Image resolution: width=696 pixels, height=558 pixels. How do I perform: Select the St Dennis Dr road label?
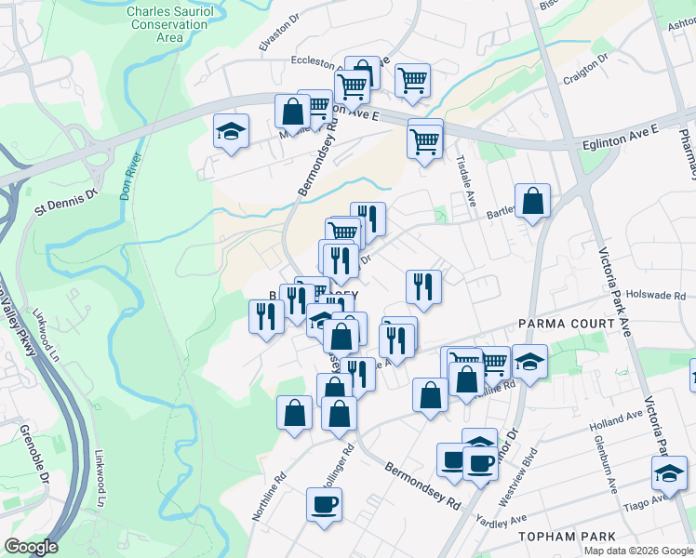(x=66, y=199)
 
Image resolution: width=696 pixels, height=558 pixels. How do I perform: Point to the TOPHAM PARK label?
(x=569, y=537)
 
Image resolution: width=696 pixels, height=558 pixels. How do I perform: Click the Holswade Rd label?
(x=655, y=296)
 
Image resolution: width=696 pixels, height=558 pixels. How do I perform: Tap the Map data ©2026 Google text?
(x=637, y=551)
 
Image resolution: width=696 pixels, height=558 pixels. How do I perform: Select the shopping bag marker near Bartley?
(x=532, y=200)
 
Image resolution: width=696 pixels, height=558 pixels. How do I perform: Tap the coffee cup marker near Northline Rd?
(x=324, y=505)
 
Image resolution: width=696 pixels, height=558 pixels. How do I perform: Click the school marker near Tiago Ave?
(x=669, y=473)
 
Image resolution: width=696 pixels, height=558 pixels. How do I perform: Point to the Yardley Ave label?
(x=500, y=519)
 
